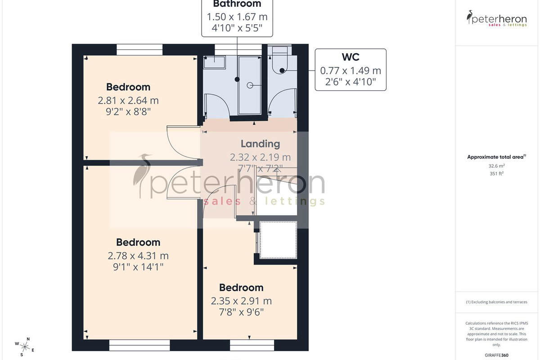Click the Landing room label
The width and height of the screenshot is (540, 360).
tap(261, 144)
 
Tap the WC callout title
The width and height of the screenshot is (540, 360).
tap(351, 57)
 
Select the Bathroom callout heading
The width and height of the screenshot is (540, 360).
tap(237, 4)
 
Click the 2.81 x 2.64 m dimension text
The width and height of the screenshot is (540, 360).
tap(128, 100)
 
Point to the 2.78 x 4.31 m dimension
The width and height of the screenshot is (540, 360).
tap(138, 256)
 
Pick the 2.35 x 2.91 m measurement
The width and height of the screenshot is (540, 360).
tap(241, 301)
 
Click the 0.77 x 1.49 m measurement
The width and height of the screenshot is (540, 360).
tap(351, 71)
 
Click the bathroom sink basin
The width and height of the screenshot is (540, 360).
tap(214, 62)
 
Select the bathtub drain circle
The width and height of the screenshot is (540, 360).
tap(250, 85)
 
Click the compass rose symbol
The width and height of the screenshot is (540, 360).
tap(25, 347)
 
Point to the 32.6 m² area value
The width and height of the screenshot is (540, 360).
tap(497, 166)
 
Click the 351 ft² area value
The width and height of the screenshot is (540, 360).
tap(497, 173)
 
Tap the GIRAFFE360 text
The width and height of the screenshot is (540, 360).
tap(497, 355)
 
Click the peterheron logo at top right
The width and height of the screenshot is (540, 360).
tap(497, 18)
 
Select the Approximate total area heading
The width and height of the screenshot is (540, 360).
tap(497, 157)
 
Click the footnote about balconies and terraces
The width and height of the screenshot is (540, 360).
tap(497, 302)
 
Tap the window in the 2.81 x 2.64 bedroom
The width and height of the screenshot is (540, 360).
tap(139, 49)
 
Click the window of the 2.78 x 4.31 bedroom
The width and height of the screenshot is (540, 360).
tap(139, 345)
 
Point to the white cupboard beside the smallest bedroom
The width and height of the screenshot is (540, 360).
tap(278, 240)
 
